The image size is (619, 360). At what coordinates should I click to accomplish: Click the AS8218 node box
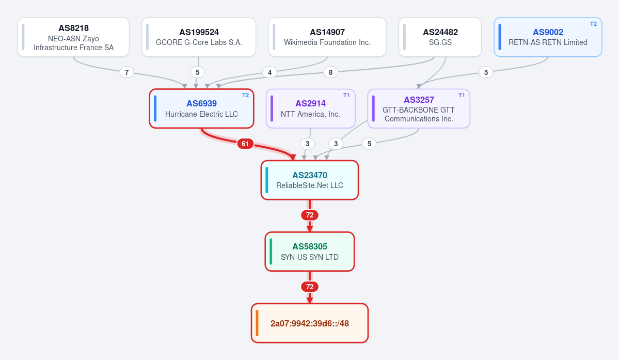coord(73,37)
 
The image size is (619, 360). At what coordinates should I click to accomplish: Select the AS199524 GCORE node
coord(199,37)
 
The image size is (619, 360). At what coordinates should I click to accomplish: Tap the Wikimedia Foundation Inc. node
coord(327,37)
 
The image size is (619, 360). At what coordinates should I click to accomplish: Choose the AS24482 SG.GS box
coord(440,37)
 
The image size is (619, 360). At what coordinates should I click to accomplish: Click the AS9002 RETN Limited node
coord(548,37)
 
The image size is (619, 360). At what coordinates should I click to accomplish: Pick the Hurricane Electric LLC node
coord(201,108)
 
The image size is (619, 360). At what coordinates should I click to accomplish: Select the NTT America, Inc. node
coord(311,108)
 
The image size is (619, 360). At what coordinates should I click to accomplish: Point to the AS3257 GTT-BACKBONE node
coord(419,108)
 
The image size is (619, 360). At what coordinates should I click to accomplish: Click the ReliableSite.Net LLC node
coord(310,180)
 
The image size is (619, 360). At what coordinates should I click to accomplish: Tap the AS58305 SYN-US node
coord(310,252)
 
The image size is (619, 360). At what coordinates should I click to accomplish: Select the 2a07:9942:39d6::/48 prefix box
coord(310,323)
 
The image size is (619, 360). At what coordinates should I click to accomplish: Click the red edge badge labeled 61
coord(245,144)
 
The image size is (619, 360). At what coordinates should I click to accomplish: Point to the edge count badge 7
coord(126,72)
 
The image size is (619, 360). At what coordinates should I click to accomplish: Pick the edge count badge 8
coord(331,72)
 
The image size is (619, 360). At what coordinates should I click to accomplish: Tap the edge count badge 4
coord(269,72)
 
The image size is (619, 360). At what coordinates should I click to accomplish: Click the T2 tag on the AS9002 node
coord(593,24)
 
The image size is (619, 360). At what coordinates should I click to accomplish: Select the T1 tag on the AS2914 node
coord(346,95)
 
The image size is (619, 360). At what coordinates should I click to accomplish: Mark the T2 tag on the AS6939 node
coord(246,95)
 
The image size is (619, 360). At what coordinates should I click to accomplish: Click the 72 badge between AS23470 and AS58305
coord(310,215)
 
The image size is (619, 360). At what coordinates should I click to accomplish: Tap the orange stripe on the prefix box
coord(257,323)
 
